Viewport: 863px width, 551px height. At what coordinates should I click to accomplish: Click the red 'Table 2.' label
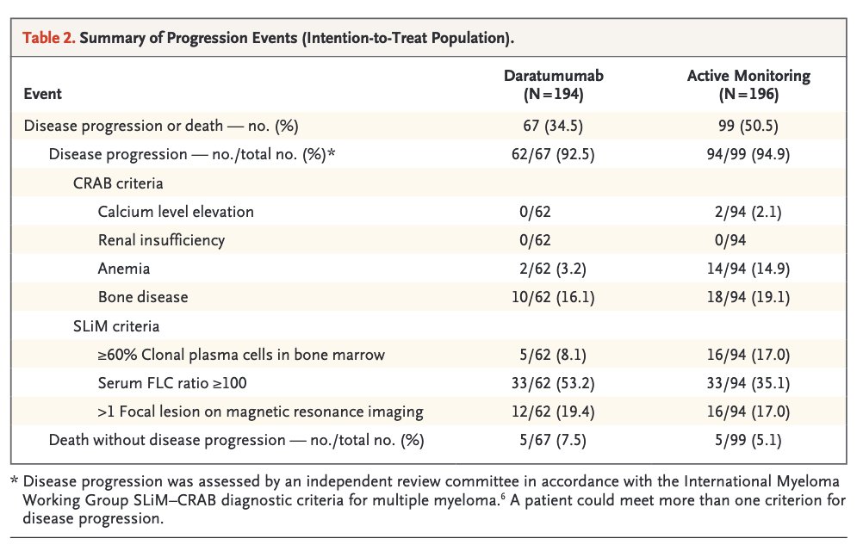point(48,38)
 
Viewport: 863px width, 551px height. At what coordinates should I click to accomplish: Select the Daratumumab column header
point(554,84)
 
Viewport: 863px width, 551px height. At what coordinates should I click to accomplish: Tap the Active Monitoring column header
point(748,84)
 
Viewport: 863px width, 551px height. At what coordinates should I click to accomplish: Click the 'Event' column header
point(42,94)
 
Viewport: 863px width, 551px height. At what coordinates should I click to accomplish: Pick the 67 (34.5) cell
point(553,126)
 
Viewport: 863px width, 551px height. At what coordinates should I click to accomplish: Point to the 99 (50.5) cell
point(748,126)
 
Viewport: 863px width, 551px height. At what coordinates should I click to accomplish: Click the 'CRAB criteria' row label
point(118,183)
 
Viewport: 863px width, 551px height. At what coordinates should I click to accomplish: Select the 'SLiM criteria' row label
point(116,326)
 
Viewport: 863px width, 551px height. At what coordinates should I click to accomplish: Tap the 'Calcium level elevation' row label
point(176,212)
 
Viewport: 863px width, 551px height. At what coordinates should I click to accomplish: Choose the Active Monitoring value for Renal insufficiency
point(730,240)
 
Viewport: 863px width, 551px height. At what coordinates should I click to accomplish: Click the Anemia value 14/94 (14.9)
point(748,269)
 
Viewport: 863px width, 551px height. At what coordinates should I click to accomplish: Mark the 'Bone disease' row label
point(143,298)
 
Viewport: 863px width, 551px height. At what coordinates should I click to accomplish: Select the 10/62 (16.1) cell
point(553,298)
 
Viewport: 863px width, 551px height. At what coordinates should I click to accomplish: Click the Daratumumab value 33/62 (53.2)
point(553,383)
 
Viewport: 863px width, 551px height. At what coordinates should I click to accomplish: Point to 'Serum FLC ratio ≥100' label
point(172,383)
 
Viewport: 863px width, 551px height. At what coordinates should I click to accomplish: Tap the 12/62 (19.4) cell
point(553,412)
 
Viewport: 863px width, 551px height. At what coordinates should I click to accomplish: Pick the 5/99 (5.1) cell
point(748,441)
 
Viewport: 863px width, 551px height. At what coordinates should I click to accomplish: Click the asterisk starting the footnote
point(15,480)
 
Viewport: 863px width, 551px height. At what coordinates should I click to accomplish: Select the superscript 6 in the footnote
point(503,497)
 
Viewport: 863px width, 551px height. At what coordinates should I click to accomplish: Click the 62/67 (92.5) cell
point(553,154)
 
